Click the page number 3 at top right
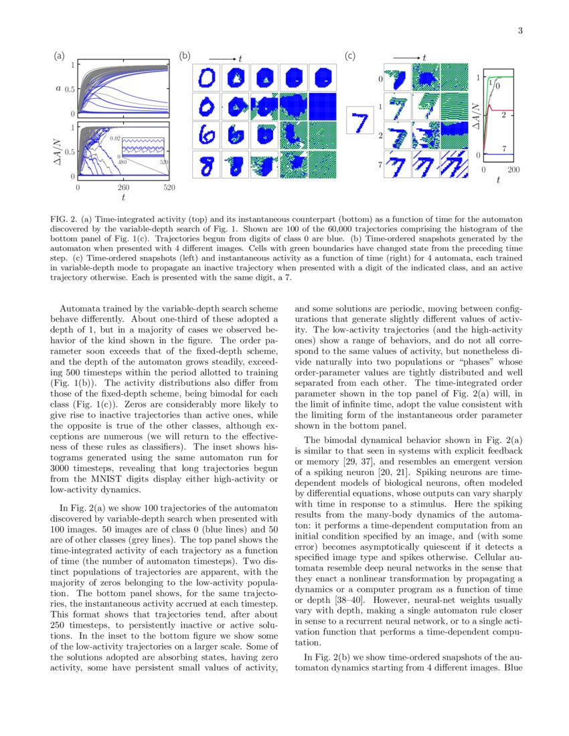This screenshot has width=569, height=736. pyautogui.click(x=519, y=31)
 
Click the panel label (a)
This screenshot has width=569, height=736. pyautogui.click(x=60, y=57)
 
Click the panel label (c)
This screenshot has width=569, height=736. pyautogui.click(x=349, y=57)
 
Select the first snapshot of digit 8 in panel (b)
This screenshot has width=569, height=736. pyautogui.click(x=206, y=165)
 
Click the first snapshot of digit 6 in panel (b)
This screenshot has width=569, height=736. pyautogui.click(x=206, y=136)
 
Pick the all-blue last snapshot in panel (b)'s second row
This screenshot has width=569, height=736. pyautogui.click(x=322, y=106)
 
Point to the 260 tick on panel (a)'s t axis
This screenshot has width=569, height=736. pyautogui.click(x=124, y=188)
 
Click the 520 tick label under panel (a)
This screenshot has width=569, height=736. pyautogui.click(x=169, y=188)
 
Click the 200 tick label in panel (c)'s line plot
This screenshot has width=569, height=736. pyautogui.click(x=513, y=170)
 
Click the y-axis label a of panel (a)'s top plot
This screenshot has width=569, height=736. pyautogui.click(x=58, y=88)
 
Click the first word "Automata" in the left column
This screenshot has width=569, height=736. pyautogui.click(x=78, y=309)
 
